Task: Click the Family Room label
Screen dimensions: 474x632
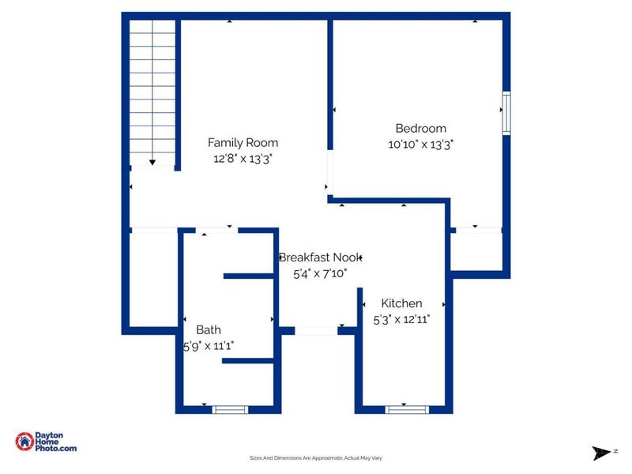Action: pyautogui.click(x=243, y=143)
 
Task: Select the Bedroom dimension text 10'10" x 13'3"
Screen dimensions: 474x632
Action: pyautogui.click(x=420, y=144)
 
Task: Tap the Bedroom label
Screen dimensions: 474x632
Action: pyautogui.click(x=420, y=128)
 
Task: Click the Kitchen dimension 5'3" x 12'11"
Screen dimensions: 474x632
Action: pyautogui.click(x=401, y=319)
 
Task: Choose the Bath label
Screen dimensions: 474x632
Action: pyautogui.click(x=209, y=330)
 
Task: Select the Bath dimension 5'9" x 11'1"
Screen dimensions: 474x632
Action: pyautogui.click(x=209, y=345)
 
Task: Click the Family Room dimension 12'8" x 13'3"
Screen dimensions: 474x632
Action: pyautogui.click(x=243, y=158)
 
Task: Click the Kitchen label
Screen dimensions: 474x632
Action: pyautogui.click(x=401, y=303)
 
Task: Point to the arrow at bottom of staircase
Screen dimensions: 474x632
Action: pyautogui.click(x=152, y=161)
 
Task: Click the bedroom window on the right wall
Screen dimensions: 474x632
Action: pyautogui.click(x=506, y=113)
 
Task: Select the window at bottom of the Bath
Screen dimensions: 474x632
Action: pyautogui.click(x=231, y=409)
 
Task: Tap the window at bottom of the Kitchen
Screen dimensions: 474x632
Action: pyautogui.click(x=407, y=409)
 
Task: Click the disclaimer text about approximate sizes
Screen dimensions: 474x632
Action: pyautogui.click(x=316, y=458)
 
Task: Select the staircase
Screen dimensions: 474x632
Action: pyautogui.click(x=152, y=91)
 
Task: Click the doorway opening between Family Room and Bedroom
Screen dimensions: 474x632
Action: pyautogui.click(x=329, y=172)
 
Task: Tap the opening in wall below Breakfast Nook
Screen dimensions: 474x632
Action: pyautogui.click(x=316, y=330)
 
